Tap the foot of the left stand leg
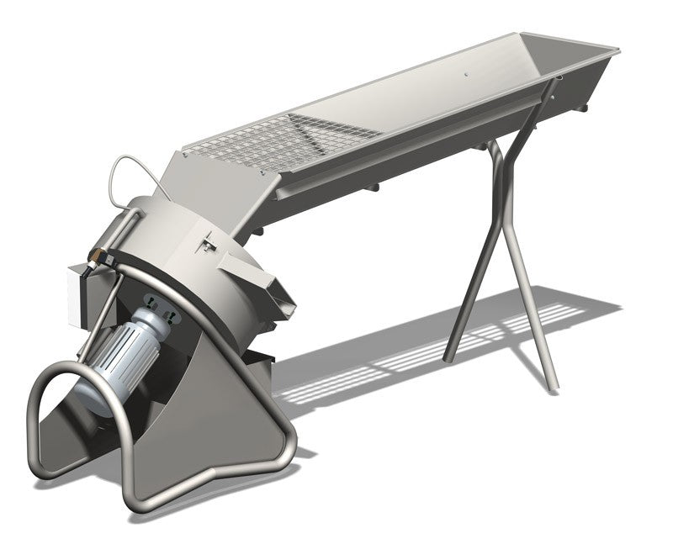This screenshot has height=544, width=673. click(450, 354)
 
